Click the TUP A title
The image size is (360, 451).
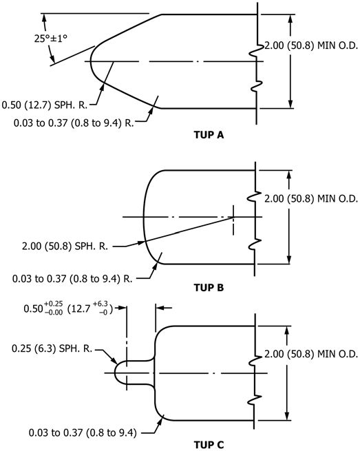tap(209, 134)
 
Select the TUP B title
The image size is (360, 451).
tap(209, 287)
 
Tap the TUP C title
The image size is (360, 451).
tap(209, 444)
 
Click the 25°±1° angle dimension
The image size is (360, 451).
tap(51, 39)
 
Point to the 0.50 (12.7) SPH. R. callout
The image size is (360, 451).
tap(45, 105)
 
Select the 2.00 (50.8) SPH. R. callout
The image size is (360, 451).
tap(65, 247)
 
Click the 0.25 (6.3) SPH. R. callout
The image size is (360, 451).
tap(52, 348)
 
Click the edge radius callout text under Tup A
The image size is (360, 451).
tap(74, 123)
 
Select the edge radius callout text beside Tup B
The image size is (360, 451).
tap(72, 278)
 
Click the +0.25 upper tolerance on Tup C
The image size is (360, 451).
tap(54, 304)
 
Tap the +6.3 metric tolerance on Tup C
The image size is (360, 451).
tap(100, 304)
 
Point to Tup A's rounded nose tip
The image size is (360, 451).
tap(91, 61)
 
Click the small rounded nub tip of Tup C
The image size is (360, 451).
tap(115, 373)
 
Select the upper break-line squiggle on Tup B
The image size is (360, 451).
tap(253, 197)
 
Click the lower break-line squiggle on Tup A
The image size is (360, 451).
tap(257, 85)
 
